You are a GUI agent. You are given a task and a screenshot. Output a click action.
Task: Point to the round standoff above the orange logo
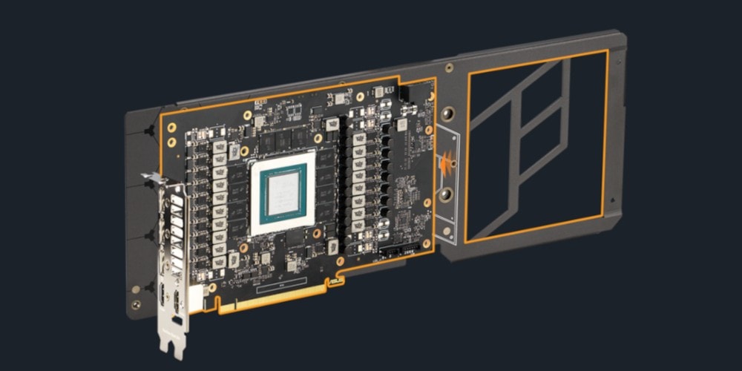point(447,115)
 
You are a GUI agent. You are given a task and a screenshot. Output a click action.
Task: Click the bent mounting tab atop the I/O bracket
point(152,178)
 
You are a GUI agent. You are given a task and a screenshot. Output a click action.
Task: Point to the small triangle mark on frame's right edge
point(613,200)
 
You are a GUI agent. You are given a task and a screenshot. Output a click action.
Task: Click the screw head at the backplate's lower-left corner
point(135,305)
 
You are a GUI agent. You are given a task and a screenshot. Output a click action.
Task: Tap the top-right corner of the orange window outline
point(607,51)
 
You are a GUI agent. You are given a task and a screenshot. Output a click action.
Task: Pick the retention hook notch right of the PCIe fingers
point(336,280)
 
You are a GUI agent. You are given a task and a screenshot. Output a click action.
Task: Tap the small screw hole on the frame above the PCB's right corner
point(450,68)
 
